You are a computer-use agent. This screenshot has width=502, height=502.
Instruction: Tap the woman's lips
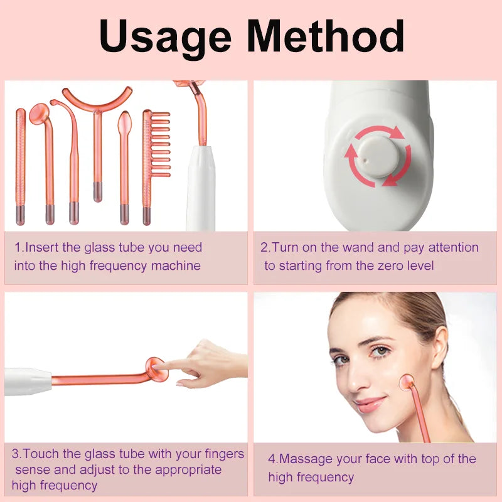click(371, 403)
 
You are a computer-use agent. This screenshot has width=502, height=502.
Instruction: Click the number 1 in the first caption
click(18, 248)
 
